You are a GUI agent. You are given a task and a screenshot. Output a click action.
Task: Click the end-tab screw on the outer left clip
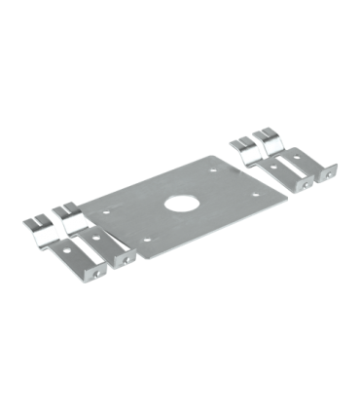96,274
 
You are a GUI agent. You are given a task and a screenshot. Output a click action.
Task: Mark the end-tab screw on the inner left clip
126,260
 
